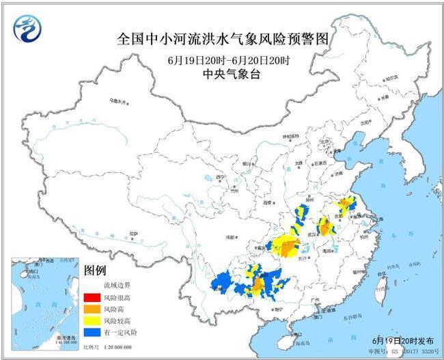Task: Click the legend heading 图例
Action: (x=94, y=271)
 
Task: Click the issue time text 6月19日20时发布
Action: (x=399, y=340)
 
